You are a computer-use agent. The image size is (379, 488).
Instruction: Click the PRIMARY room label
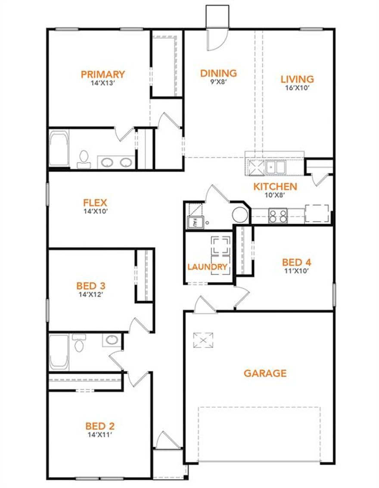tap(103, 74)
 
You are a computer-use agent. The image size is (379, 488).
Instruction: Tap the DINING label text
tap(218, 73)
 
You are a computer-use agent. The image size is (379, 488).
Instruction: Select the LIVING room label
tap(297, 79)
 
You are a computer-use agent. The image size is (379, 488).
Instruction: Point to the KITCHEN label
tap(275, 187)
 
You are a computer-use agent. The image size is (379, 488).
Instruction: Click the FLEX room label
tap(95, 203)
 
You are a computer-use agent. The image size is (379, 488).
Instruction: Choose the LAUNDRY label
tap(207, 267)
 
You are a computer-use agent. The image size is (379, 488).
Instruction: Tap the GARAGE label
tap(265, 373)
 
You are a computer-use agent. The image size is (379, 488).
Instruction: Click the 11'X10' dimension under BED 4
tap(297, 271)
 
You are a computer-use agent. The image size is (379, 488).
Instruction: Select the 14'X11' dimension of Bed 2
tap(100, 435)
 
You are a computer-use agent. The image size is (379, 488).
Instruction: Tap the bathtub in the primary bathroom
tap(59, 149)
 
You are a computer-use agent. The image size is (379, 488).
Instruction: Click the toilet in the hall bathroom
tap(79, 342)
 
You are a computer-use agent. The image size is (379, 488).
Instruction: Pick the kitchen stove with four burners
tap(278, 215)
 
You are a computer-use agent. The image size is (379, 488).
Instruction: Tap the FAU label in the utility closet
tap(194, 223)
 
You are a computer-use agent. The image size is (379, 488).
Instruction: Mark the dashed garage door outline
tap(259, 433)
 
